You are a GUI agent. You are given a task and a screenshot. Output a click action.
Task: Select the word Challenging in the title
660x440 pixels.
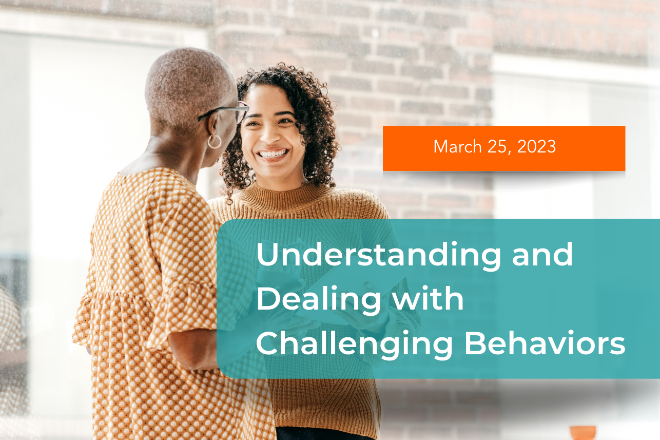(x=355, y=345)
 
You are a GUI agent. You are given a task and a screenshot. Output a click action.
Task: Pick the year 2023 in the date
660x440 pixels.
(x=536, y=147)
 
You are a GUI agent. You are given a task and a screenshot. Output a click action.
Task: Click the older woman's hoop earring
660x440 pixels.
(x=214, y=141)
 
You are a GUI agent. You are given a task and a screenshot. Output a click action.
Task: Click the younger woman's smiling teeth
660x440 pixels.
(x=272, y=153)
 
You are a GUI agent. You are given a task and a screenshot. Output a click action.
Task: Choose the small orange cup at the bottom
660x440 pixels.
(x=583, y=432)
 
